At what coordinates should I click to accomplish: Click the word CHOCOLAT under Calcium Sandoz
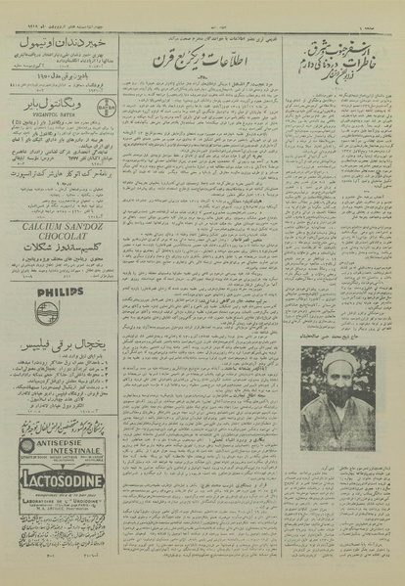[x=59, y=235]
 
